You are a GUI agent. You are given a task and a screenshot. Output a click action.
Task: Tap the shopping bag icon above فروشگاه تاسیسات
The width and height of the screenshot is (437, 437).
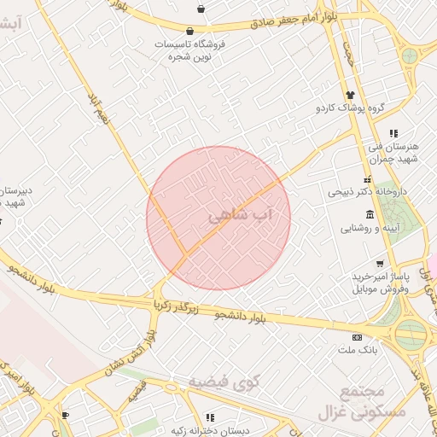[x=189, y=31]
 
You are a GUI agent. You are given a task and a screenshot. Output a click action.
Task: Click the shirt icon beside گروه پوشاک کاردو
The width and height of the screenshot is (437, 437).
[x=349, y=95]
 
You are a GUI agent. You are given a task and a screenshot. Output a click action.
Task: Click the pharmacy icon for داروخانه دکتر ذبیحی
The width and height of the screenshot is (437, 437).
[x=368, y=180]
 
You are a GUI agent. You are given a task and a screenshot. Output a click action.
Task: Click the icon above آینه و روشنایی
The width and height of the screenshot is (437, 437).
[x=369, y=213]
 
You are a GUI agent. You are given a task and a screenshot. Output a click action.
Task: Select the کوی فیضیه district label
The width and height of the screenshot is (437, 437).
[x=219, y=379]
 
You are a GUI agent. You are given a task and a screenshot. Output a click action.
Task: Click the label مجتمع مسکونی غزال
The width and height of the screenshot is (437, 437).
[x=352, y=402]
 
